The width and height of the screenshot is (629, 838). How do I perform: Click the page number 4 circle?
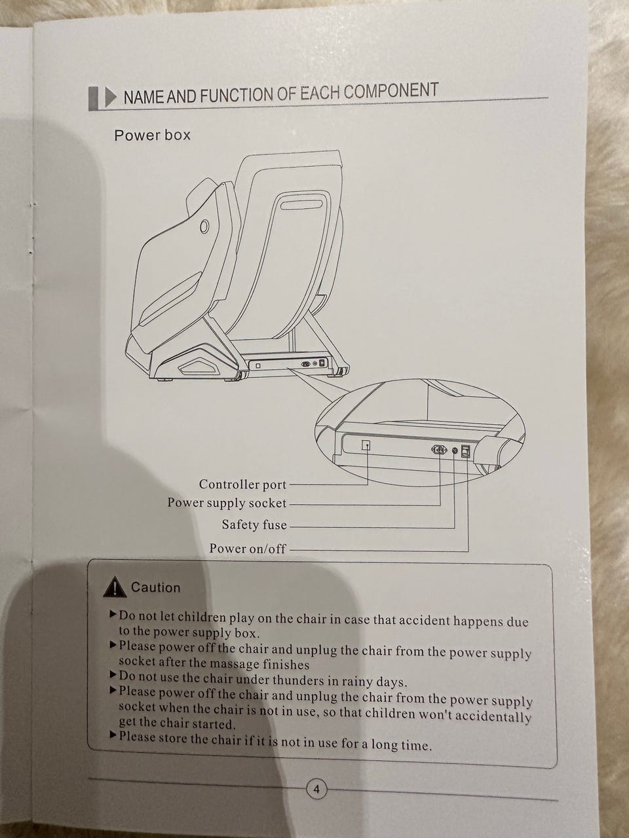(x=316, y=789)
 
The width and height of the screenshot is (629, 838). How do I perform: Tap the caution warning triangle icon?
(x=115, y=589)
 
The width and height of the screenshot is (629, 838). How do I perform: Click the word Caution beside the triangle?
(x=155, y=587)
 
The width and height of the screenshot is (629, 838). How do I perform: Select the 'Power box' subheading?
(x=152, y=136)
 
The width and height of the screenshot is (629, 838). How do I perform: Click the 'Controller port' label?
(x=242, y=484)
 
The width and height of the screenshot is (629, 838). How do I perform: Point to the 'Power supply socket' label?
(x=227, y=503)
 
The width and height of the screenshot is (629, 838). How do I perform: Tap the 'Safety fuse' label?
(x=254, y=524)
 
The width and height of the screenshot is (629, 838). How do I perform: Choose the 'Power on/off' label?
(x=248, y=548)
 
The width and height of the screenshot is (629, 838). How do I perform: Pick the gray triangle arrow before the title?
(x=110, y=98)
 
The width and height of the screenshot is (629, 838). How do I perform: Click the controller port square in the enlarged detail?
(x=366, y=445)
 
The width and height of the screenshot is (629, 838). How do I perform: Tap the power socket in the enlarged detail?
(x=439, y=450)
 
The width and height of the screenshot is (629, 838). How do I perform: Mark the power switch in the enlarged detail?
(x=467, y=451)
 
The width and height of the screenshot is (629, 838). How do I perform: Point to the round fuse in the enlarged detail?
(x=455, y=450)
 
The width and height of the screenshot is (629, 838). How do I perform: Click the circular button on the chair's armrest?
(x=204, y=227)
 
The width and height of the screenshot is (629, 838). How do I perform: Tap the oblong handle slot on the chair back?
(x=301, y=205)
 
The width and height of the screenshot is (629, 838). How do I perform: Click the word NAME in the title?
(x=144, y=97)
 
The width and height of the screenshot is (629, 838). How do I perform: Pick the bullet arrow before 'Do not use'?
(x=113, y=674)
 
